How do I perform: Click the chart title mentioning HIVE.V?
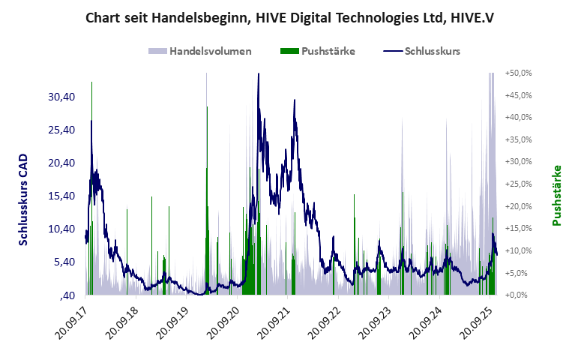pos(289,16)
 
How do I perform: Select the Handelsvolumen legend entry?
pos(200,51)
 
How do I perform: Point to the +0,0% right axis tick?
pos(520,295)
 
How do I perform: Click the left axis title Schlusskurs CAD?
pos(23,199)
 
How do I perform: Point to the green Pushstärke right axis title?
pos(556,195)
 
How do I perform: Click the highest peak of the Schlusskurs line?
pos(258,74)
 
